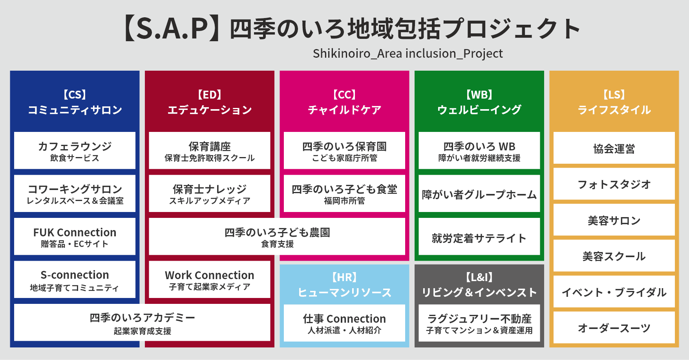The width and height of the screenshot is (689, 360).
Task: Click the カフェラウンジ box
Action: (x=75, y=151)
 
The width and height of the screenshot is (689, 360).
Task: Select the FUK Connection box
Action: (x=75, y=237)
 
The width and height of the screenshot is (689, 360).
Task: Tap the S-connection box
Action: (x=75, y=280)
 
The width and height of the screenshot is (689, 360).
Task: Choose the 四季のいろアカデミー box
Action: (x=142, y=323)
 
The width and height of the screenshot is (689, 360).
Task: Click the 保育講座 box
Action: (x=209, y=151)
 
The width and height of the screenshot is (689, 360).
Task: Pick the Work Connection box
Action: (x=209, y=280)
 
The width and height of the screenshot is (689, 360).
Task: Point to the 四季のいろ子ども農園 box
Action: (x=277, y=237)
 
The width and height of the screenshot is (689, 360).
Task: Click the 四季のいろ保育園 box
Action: (x=344, y=151)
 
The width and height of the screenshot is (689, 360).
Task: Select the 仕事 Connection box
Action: (x=344, y=323)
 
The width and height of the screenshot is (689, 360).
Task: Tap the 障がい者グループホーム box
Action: (x=479, y=194)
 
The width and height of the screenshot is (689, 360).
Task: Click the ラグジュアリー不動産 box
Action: (x=479, y=323)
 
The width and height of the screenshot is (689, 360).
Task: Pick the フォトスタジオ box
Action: (x=614, y=184)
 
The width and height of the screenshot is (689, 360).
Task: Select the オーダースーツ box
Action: (x=614, y=328)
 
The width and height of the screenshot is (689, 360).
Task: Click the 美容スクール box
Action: (x=614, y=256)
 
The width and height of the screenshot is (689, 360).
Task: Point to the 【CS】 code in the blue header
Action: (x=75, y=95)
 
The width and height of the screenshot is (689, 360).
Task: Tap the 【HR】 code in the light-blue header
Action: (x=344, y=278)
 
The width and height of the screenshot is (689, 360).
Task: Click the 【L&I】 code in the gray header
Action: (x=479, y=278)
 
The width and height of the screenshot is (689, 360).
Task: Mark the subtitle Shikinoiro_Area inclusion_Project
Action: (x=408, y=53)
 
